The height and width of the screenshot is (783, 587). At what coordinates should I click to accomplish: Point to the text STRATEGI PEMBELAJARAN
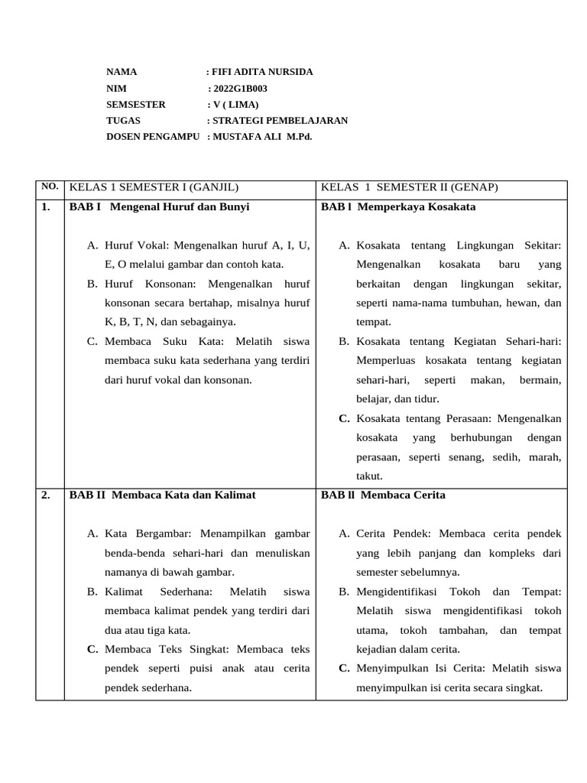pos(280,120)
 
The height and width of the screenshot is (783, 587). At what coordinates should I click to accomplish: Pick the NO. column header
pos(50,187)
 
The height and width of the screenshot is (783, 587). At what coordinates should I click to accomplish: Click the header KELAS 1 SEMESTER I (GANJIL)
pos(154,187)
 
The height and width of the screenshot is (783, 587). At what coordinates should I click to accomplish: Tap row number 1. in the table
pos(47,206)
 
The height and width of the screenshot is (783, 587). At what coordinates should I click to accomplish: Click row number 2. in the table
pos(47,495)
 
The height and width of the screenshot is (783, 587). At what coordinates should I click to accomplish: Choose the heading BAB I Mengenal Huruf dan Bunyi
pos(159,206)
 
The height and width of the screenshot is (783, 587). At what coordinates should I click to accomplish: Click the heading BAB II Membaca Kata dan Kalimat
pos(162,495)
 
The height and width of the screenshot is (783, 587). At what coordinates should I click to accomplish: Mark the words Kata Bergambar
pos(146,533)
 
